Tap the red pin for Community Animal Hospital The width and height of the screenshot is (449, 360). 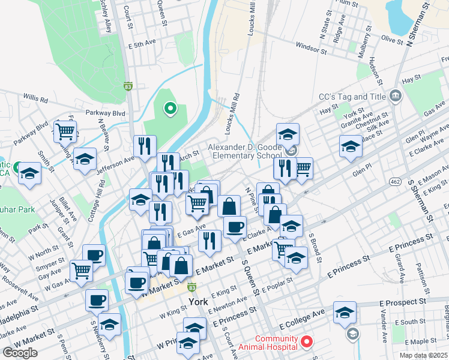[307, 342]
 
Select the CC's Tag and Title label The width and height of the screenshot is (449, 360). [352, 97]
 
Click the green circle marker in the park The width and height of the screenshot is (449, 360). [170, 109]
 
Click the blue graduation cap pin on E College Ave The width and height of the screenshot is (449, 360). [345, 313]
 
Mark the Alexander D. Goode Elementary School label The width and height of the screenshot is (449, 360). [244, 151]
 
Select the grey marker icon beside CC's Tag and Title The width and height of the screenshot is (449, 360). [396, 96]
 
